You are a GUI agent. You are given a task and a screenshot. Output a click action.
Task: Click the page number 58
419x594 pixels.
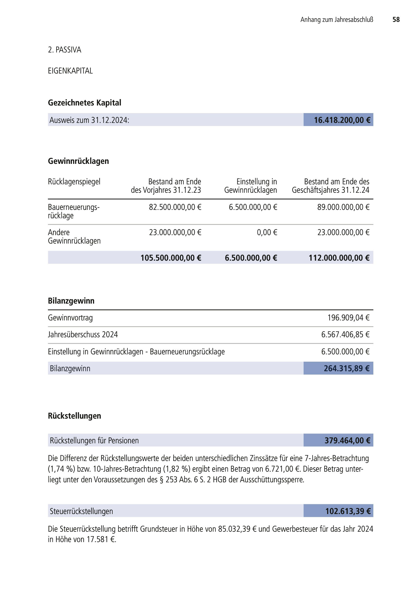point(396,20)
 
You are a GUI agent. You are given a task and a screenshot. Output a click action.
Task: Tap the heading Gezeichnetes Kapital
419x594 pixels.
point(84,103)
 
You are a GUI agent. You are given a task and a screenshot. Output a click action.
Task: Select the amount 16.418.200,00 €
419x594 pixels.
point(342,120)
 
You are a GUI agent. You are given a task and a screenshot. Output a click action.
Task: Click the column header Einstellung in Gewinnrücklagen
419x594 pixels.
point(250,186)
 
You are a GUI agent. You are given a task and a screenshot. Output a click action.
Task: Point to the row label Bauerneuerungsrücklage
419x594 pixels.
point(74,211)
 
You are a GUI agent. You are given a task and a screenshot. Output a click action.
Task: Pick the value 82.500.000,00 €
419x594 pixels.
point(175,207)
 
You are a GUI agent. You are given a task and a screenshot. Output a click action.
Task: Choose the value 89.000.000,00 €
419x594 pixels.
point(343,207)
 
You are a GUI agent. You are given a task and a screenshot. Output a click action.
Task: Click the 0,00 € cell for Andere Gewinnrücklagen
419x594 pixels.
point(267,233)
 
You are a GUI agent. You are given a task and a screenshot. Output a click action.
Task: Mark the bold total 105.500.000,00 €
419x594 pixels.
point(171,258)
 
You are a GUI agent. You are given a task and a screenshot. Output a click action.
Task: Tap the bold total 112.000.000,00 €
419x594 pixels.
point(339,258)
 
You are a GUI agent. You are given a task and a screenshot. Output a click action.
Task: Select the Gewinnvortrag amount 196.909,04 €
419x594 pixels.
point(348,318)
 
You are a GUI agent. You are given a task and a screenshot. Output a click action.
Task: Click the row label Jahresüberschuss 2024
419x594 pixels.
point(83,335)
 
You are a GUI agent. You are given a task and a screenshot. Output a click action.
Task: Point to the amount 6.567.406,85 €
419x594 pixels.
point(345,335)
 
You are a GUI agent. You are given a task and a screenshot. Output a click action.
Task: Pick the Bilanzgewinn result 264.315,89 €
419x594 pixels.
point(346,368)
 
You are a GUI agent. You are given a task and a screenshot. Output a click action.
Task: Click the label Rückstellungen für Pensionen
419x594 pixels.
point(94,441)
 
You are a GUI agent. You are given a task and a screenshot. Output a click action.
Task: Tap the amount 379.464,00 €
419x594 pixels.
point(347,441)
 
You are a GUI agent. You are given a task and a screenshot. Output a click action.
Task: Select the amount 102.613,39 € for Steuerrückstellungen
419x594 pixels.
point(348,511)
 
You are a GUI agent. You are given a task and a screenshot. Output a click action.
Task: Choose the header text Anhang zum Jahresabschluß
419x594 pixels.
point(337,20)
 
